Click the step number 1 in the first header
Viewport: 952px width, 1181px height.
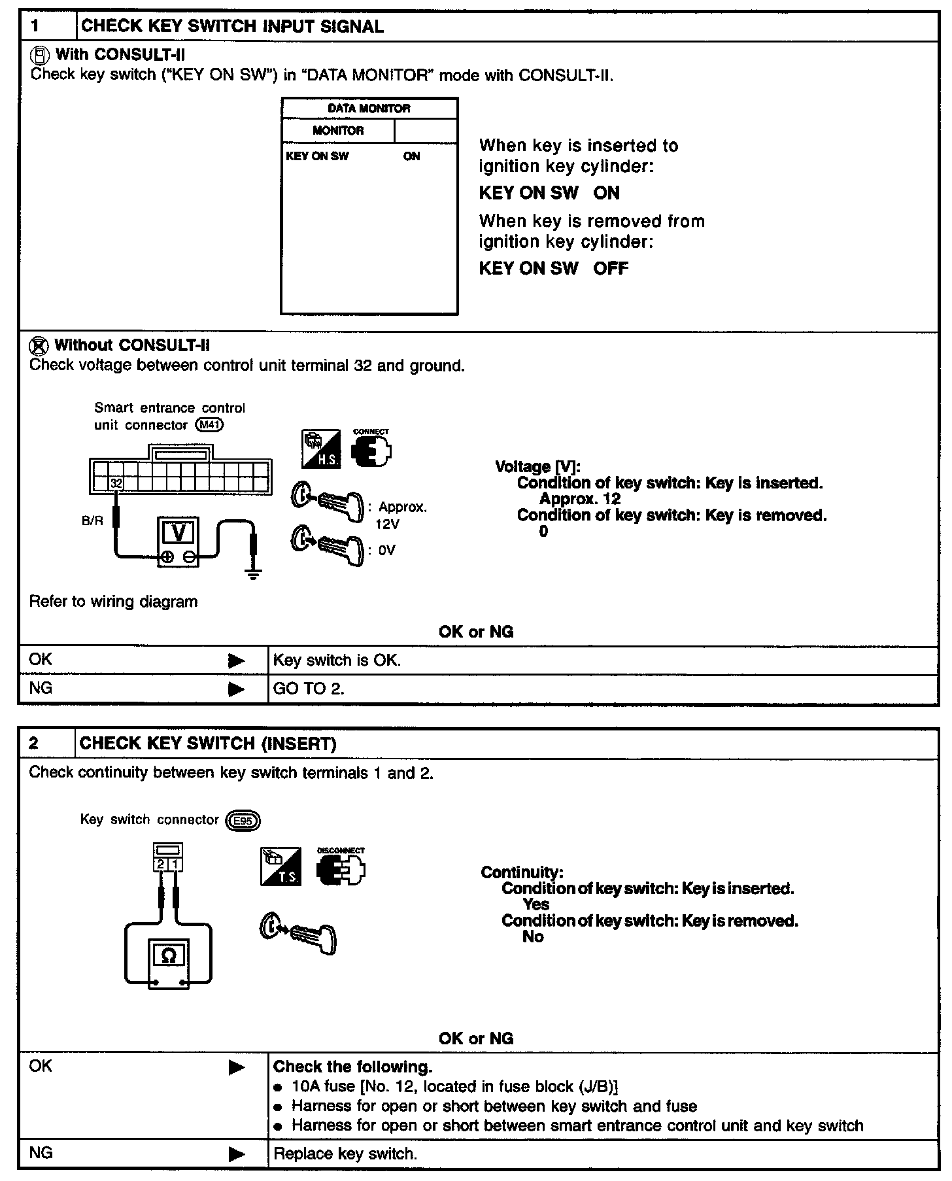tap(35, 27)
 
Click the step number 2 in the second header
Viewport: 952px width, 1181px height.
tap(34, 744)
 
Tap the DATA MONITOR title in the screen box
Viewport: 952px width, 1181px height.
tap(369, 109)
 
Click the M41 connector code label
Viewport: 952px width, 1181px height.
tap(210, 425)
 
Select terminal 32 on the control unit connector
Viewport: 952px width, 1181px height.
tap(116, 483)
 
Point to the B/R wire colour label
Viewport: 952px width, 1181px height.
tap(92, 522)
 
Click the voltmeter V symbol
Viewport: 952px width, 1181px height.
tap(178, 533)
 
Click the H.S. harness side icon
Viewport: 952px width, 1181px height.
tap(321, 449)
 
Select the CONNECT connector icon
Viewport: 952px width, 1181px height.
tap(371, 450)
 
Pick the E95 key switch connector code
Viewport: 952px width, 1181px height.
tap(243, 821)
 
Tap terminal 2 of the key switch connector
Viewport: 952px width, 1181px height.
tap(160, 864)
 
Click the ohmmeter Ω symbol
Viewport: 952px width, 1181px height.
tap(168, 956)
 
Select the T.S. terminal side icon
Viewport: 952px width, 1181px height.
tap(281, 867)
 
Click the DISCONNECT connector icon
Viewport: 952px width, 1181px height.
tap(341, 868)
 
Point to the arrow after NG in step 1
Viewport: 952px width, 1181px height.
tap(236, 689)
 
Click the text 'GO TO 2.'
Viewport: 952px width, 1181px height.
tap(309, 689)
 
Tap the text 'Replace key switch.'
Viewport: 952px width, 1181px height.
tap(345, 1154)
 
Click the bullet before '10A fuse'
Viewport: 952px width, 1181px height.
tap(279, 1087)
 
